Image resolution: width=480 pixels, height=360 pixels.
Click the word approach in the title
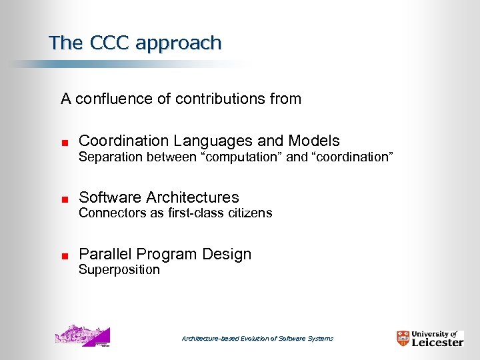tap(177, 44)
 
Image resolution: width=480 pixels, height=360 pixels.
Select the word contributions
tap(219, 99)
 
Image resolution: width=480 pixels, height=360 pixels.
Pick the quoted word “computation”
tap(243, 157)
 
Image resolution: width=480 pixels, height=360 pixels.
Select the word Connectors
tap(107, 213)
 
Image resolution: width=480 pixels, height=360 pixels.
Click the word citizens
tap(250, 213)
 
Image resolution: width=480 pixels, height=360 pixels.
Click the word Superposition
tap(119, 270)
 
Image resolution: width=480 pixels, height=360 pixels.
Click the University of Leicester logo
tap(429, 338)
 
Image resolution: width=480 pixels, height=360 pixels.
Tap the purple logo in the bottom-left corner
tap(83, 335)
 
